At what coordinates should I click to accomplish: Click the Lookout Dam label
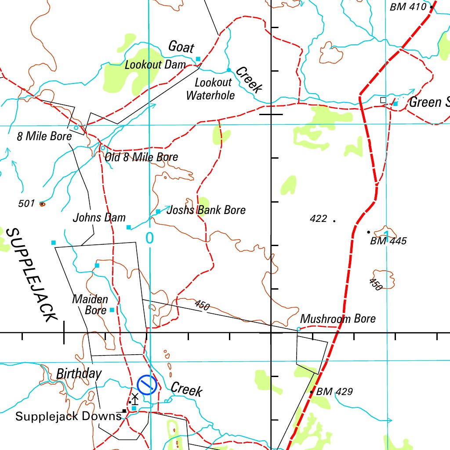tap(155, 65)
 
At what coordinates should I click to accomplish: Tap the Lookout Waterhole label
tap(211, 89)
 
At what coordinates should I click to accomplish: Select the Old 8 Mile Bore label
tap(141, 157)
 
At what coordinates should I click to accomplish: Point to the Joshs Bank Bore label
tap(206, 210)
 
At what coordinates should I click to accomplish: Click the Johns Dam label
tap(99, 218)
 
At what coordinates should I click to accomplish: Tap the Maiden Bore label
tap(90, 305)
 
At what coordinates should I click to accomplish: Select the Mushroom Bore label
tap(338, 319)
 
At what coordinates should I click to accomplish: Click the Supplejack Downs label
tap(68, 416)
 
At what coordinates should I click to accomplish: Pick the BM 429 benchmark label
tap(334, 391)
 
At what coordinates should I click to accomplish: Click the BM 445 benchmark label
tap(388, 241)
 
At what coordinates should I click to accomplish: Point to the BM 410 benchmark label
tap(408, 7)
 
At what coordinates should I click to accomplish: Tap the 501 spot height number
tap(26, 203)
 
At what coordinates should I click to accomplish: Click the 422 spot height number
tap(318, 218)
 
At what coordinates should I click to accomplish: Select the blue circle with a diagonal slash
tap(147, 385)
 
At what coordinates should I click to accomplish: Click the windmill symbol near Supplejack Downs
tap(135, 399)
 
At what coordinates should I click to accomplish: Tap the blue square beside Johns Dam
tap(129, 227)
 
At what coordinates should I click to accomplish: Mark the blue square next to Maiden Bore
tap(112, 310)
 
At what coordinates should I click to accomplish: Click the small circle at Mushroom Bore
tap(299, 329)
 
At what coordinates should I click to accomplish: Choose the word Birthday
tap(79, 374)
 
